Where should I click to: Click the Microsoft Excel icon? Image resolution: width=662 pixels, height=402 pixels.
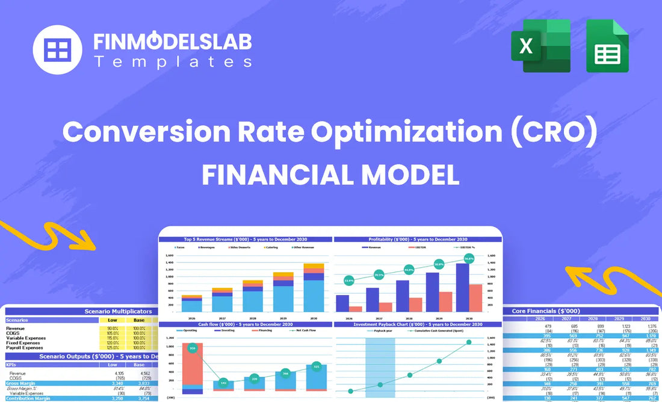coord(540,45)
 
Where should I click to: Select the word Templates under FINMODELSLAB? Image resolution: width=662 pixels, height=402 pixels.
coord(172,61)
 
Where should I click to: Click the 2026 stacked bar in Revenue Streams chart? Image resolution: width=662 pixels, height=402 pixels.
coord(192,303)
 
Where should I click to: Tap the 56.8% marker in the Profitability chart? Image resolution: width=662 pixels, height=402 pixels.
coord(469,258)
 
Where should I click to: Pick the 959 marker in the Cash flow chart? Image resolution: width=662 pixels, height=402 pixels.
coord(192,348)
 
